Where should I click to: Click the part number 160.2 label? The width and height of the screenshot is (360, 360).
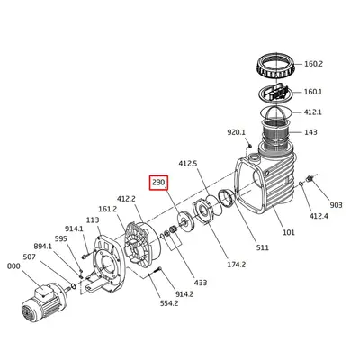tap(313, 64)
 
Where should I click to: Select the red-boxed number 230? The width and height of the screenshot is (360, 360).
tap(159, 183)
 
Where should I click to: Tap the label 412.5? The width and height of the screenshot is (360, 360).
tap(188, 164)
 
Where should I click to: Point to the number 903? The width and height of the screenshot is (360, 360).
tap(336, 205)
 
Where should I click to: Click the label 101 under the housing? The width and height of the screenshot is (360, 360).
tap(289, 232)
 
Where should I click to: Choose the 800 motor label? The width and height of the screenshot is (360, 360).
tap(13, 266)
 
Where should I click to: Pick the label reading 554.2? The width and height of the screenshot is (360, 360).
tap(169, 303)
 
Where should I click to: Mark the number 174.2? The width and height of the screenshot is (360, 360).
tap(236, 265)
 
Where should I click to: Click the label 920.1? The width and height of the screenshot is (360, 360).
tap(236, 132)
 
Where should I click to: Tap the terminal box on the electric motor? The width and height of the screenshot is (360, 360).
tap(44, 291)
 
